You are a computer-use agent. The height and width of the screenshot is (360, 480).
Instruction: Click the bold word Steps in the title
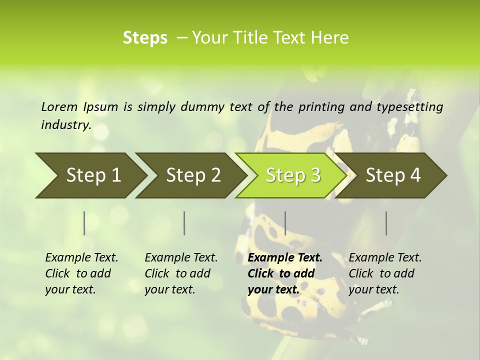pos(145,38)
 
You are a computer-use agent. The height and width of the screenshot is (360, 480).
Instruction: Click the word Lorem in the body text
pos(59,106)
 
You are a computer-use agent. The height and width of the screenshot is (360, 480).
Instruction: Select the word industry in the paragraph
pos(66,125)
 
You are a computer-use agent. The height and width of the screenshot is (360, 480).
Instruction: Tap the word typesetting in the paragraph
pos(407,107)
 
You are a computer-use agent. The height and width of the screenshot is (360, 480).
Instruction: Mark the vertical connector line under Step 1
pos(84,223)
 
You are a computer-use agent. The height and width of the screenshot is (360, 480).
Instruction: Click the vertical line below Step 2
pos(184,223)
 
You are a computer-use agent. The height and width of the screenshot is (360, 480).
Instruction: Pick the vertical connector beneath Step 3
pos(285,223)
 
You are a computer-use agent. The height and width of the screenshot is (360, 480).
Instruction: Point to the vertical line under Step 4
pos(386,223)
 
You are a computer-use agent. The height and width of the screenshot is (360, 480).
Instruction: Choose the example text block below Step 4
pos(385,273)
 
